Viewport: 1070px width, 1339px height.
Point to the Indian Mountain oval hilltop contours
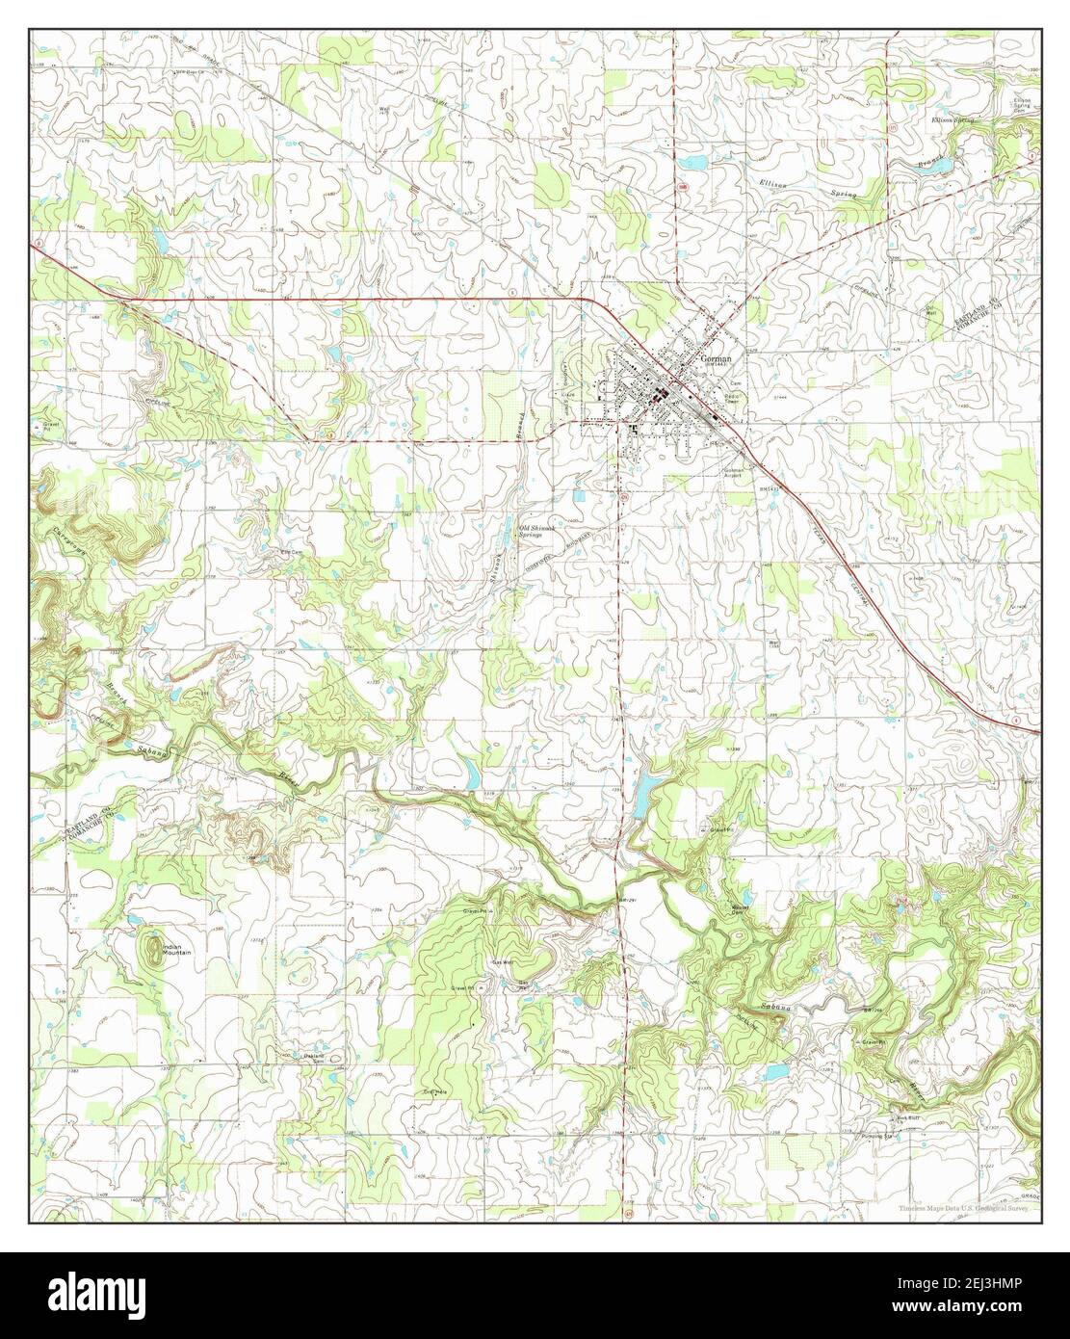pyautogui.click(x=154, y=950)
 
